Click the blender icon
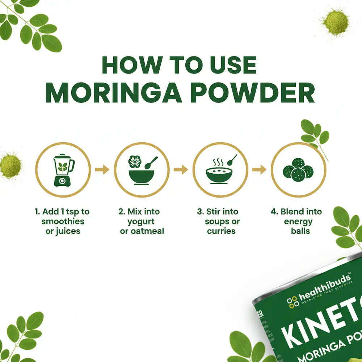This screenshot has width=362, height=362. [63, 169]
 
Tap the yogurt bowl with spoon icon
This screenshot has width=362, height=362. [142, 169]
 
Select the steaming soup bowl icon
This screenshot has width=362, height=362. [220, 169]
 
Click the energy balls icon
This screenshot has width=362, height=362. [299, 170]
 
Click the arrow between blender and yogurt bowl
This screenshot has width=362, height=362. [102, 169]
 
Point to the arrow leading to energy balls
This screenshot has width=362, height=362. [259, 169]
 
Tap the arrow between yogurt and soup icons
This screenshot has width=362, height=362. [181, 169]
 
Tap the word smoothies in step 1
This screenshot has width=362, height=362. [63, 221]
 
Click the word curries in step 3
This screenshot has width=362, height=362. [221, 231]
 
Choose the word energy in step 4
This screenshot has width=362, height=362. [298, 221]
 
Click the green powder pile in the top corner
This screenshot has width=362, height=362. [335, 22]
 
